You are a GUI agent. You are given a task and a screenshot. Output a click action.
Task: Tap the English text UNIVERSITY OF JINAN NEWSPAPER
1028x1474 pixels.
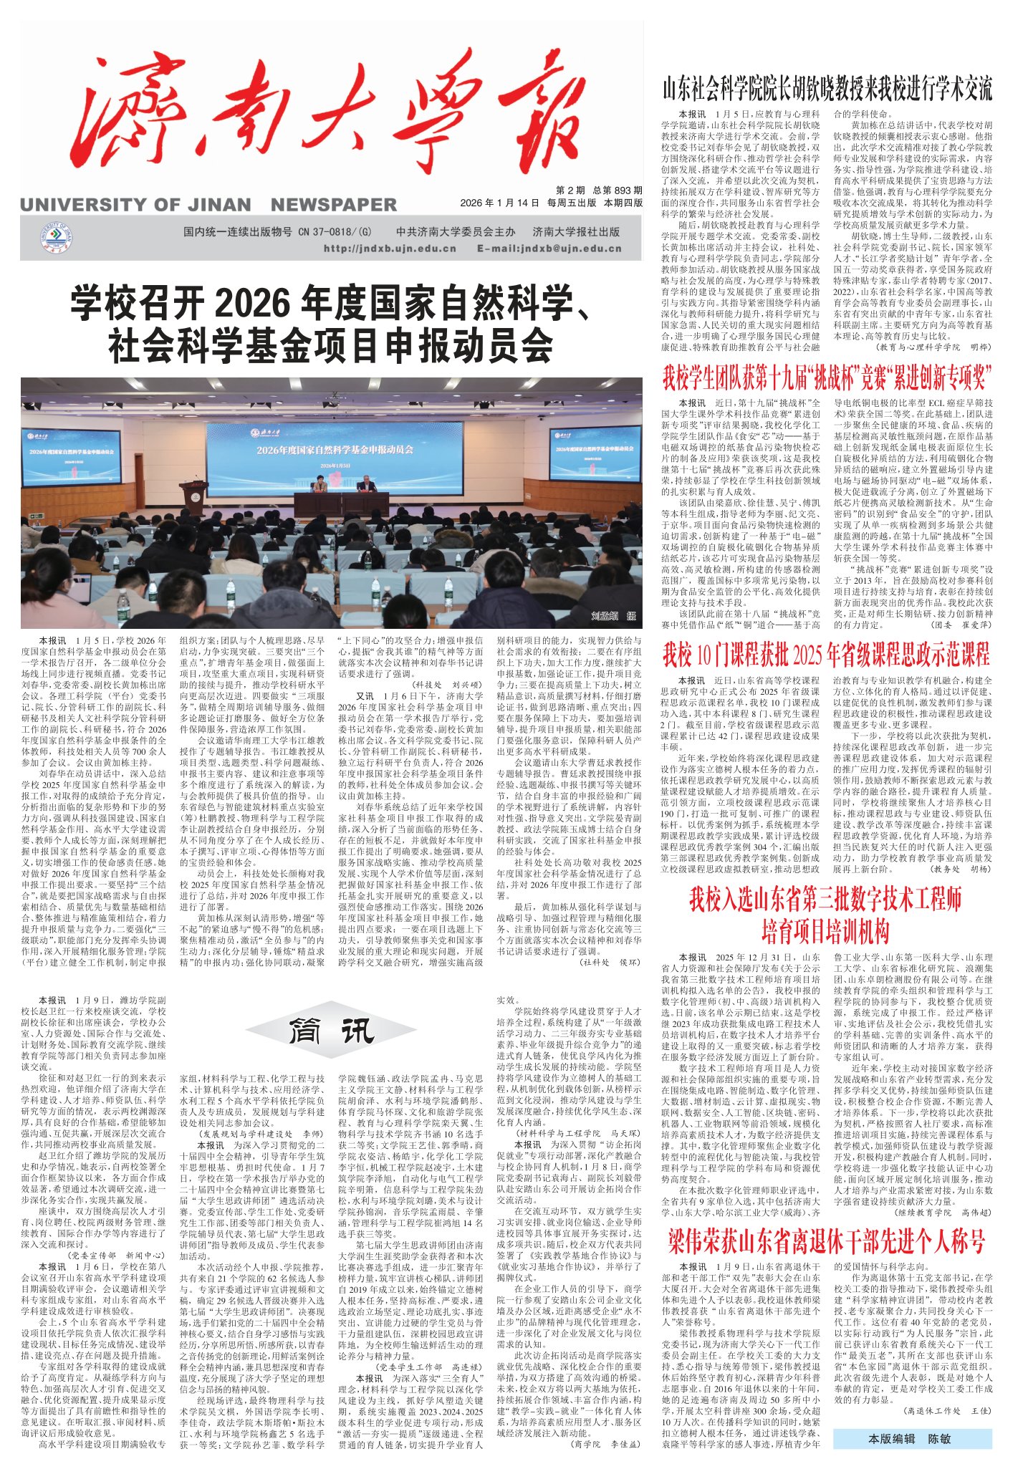coord(208,205)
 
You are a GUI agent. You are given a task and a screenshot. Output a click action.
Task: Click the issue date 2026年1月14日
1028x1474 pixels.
coord(499,203)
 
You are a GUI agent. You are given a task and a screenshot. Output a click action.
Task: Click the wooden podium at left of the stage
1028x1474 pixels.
coord(192,495)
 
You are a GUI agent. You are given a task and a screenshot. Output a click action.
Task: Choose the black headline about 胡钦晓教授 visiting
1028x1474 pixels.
coord(827,90)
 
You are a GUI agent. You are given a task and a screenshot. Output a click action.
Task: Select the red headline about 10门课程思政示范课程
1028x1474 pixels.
coord(827,654)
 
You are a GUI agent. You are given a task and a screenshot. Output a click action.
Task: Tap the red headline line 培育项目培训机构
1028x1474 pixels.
coord(825,931)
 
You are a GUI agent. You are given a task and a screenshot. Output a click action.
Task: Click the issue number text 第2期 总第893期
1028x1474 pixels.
coord(599,191)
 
